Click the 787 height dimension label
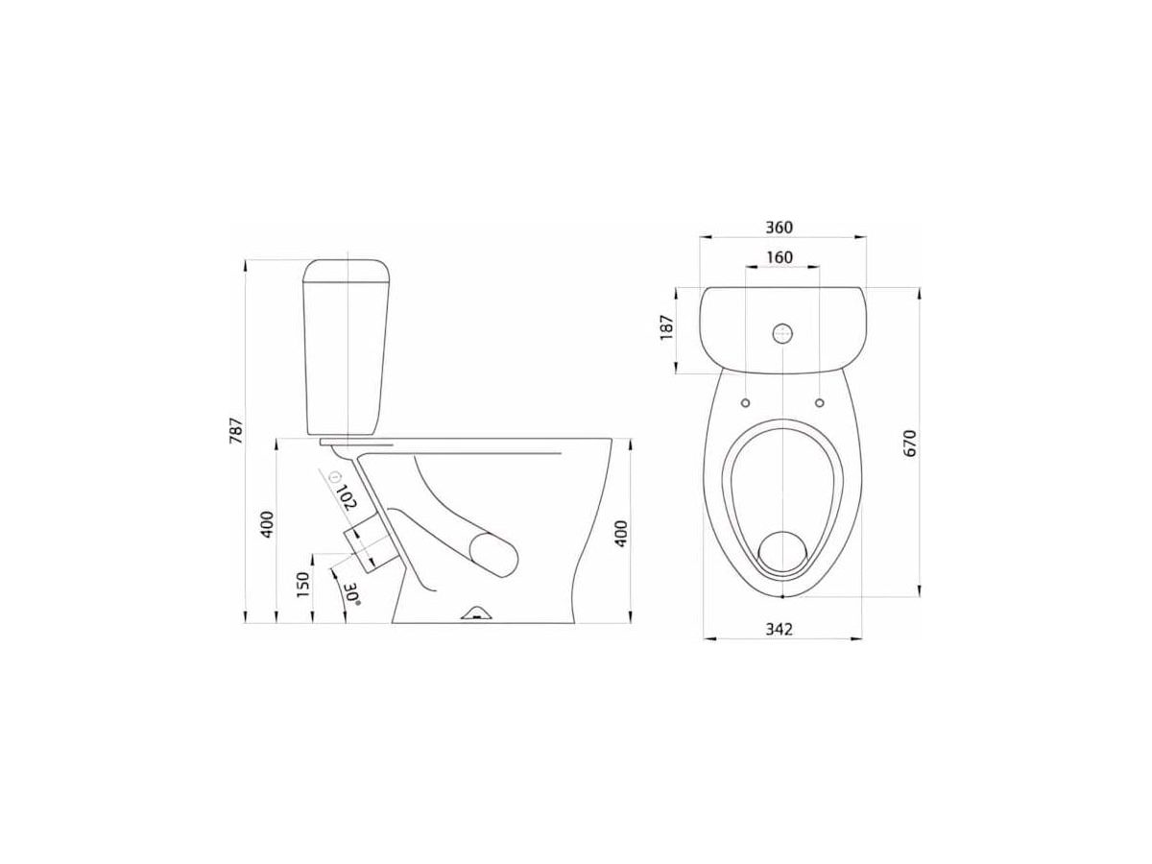[236, 431]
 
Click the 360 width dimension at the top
[779, 228]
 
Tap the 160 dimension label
[780, 257]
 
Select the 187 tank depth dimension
[666, 327]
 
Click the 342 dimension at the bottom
[779, 629]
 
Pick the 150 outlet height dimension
[302, 585]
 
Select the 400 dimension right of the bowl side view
[621, 534]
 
